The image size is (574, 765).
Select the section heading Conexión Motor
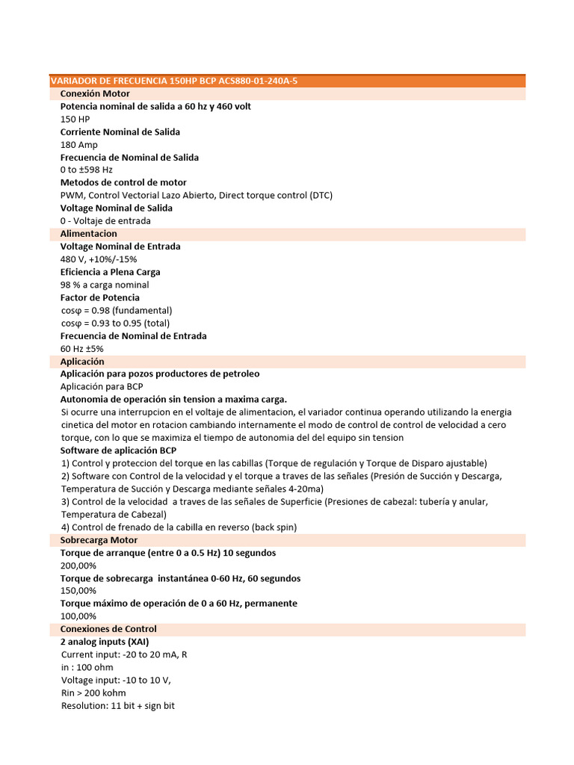click(95, 93)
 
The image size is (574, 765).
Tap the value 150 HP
click(75, 119)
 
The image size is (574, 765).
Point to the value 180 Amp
click(79, 144)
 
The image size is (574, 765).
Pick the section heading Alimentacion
click(89, 234)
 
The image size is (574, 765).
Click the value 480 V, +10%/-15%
click(99, 259)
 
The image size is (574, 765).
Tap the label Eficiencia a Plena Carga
click(110, 272)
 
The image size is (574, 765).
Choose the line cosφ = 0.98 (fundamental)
click(117, 310)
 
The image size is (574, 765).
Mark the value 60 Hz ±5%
click(82, 348)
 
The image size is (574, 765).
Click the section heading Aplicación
click(82, 361)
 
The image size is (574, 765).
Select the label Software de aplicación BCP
click(118, 450)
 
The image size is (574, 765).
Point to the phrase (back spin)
click(274, 527)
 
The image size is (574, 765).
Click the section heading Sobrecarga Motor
click(99, 539)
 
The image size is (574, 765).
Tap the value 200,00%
click(78, 566)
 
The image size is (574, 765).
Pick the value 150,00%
click(78, 591)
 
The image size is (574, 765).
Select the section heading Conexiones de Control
click(108, 629)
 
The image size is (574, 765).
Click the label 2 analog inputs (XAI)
click(105, 642)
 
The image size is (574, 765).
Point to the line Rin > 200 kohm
click(93, 693)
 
